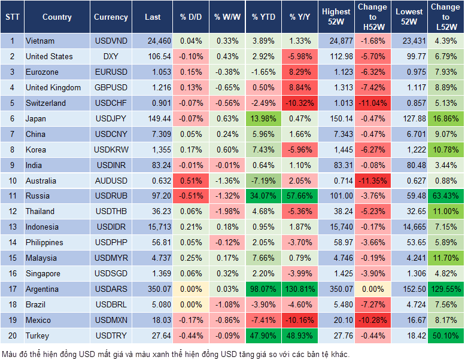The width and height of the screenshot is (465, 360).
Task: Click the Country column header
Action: point(56,17)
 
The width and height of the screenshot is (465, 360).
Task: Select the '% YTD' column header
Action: point(263,17)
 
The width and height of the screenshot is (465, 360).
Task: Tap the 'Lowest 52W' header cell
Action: point(410,17)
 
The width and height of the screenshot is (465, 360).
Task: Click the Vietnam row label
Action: point(40,41)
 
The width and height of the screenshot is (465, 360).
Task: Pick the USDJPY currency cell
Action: point(111,118)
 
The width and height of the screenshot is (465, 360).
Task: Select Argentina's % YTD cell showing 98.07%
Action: point(263,289)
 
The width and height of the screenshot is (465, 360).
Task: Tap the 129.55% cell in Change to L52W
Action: point(446,289)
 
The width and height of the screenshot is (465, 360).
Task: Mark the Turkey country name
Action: point(38,336)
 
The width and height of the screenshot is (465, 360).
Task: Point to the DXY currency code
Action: point(111,56)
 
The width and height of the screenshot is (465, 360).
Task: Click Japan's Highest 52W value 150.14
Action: point(336,118)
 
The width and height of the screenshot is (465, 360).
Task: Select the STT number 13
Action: point(11,227)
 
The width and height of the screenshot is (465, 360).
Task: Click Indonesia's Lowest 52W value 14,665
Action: point(410,227)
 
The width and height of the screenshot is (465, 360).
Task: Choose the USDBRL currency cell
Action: point(111,305)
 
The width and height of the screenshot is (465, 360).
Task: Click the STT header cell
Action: point(11,17)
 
